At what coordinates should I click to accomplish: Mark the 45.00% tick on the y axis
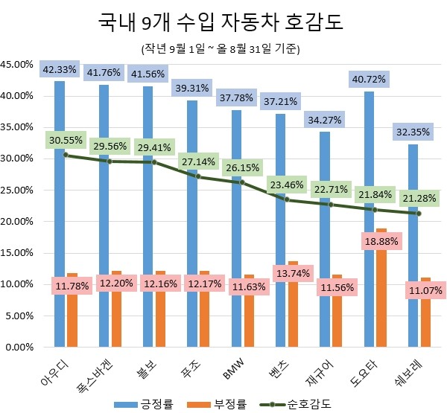click(18, 65)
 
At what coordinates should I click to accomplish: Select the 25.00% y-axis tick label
click(18, 191)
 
